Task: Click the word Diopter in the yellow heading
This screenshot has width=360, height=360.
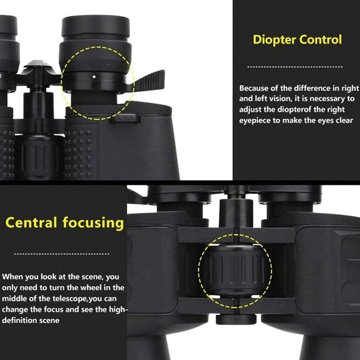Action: click(x=274, y=40)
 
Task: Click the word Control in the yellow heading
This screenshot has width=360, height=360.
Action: click(x=320, y=39)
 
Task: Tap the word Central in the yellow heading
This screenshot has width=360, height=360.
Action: click(x=31, y=222)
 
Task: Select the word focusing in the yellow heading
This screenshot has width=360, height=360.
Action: click(x=93, y=223)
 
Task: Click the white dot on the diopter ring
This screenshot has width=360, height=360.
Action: click(x=94, y=76)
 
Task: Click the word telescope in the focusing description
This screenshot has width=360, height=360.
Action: click(x=70, y=299)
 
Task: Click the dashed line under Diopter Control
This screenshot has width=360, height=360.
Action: click(x=295, y=67)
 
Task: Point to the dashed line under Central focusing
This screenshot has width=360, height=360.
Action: click(x=62, y=254)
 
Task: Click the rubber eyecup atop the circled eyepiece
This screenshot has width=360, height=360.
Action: click(x=95, y=27)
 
